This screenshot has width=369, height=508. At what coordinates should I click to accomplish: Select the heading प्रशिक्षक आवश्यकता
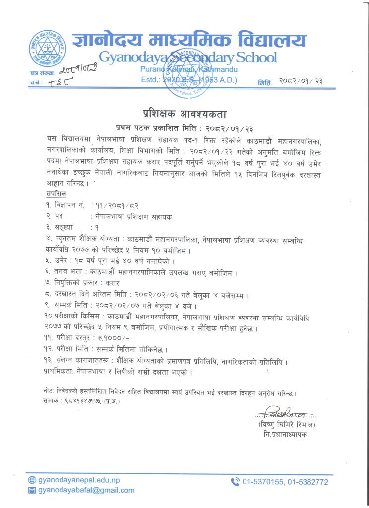coord(185,113)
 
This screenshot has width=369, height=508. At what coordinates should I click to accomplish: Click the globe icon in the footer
coord(33,480)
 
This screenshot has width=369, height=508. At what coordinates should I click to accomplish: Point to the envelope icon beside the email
coord(33,490)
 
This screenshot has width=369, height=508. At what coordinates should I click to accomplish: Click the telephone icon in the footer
coord(235,481)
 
